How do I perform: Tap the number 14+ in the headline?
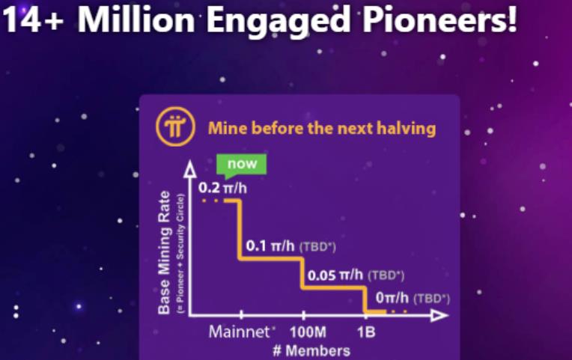click(x=33, y=20)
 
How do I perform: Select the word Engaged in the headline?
click(x=279, y=22)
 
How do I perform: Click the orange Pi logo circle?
click(x=175, y=126)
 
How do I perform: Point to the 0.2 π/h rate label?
click(x=222, y=188)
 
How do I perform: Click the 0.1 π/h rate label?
click(x=270, y=245)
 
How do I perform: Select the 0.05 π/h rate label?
click(x=335, y=275)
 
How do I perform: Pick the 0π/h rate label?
click(x=392, y=298)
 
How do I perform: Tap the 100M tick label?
click(x=308, y=332)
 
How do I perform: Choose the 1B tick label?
click(x=366, y=332)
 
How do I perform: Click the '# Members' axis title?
click(x=311, y=350)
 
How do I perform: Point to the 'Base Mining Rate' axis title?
click(x=164, y=252)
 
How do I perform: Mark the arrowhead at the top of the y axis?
click(x=189, y=169)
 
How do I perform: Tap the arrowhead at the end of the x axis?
click(x=439, y=315)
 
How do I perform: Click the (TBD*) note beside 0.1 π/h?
click(x=317, y=247)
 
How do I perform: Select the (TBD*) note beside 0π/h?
click(x=432, y=299)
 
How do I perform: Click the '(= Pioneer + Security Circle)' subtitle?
click(x=180, y=254)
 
